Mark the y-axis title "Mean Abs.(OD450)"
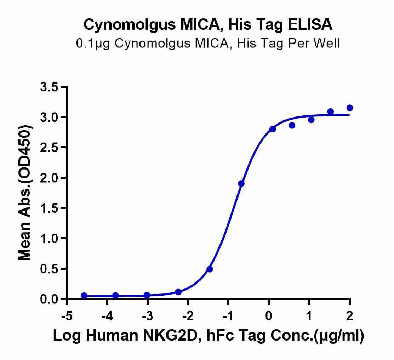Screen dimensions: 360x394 coord(25,193)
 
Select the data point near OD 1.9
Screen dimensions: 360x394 coord(241,183)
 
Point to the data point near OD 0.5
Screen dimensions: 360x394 coord(210,269)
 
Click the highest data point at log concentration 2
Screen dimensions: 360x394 coord(350,108)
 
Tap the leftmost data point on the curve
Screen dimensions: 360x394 coord(84,295)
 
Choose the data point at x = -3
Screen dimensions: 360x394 coord(147,295)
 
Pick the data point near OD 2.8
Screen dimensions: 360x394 coord(273,129)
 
